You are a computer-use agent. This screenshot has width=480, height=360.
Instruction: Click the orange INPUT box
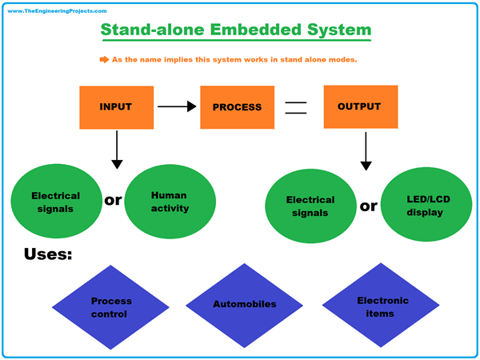point(115,106)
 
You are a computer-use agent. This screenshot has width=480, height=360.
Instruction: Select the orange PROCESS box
point(236,106)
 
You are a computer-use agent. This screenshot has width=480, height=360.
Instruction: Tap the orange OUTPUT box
point(359,106)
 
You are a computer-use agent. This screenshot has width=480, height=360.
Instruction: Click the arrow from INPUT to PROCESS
point(177,106)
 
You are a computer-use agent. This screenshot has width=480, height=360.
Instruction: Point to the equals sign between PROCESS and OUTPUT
point(296,106)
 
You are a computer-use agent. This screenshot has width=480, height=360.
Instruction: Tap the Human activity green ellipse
point(170,200)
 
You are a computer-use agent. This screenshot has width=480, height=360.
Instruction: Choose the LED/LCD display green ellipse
point(424,206)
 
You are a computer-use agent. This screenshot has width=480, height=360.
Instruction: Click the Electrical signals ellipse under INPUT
point(55,201)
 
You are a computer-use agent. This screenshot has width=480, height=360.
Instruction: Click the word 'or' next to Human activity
point(114,199)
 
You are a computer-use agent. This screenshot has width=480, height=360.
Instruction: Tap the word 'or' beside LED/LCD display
point(368,206)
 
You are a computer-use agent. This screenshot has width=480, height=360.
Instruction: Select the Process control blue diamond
point(111,307)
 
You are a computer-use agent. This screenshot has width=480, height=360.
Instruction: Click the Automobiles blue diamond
point(244,305)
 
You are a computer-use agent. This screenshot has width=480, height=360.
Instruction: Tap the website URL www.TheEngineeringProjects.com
point(58,11)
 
